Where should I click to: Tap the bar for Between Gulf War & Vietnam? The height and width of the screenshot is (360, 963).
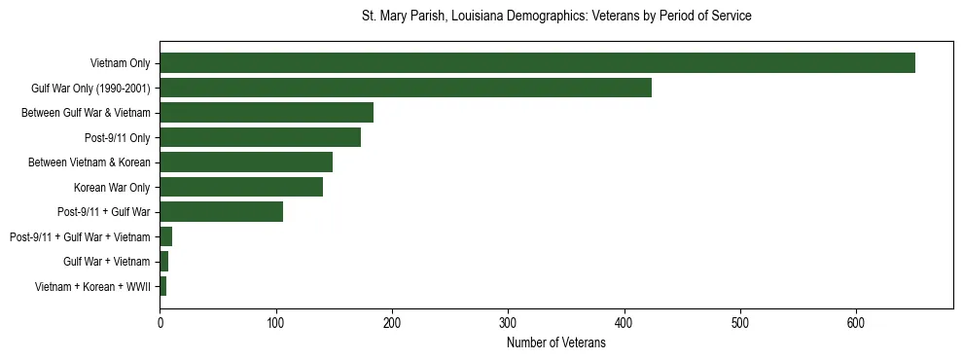pyautogui.click(x=267, y=113)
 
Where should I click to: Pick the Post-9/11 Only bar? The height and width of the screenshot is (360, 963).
pyautogui.click(x=261, y=137)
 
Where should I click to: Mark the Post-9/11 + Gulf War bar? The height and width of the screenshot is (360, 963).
pyautogui.click(x=222, y=212)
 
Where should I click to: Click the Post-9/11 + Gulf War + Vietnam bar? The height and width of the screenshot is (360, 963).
pyautogui.click(x=166, y=236)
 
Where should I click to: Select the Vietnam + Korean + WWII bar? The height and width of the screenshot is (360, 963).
pyautogui.click(x=163, y=286)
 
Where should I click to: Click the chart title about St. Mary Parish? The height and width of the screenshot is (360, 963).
pyautogui.click(x=556, y=17)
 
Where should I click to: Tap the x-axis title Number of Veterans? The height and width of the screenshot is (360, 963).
pyautogui.click(x=556, y=342)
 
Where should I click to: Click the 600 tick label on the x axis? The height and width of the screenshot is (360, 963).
pyautogui.click(x=856, y=322)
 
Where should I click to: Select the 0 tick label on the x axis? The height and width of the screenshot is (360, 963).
pyautogui.click(x=160, y=322)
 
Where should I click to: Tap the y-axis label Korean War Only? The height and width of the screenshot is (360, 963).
pyautogui.click(x=112, y=187)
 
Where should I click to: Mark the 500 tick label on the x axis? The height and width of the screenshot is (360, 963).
pyautogui.click(x=740, y=322)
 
